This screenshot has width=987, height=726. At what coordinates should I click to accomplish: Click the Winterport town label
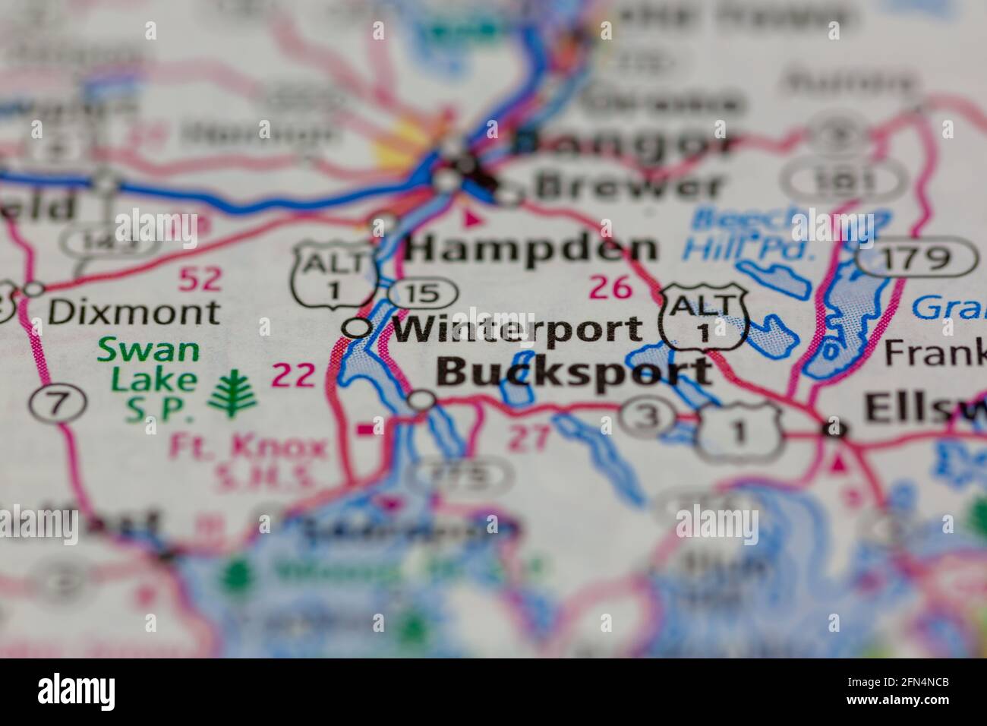pyautogui.click(x=517, y=329)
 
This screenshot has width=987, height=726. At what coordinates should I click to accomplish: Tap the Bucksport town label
pyautogui.click(x=575, y=372)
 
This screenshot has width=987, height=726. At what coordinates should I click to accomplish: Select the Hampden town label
pyautogui.click(x=530, y=248)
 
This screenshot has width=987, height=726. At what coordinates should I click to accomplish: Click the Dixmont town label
pyautogui.click(x=134, y=311)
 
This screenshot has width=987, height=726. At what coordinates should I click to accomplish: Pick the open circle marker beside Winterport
pyautogui.click(x=357, y=327)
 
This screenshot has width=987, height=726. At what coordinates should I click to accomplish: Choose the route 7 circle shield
pyautogui.click(x=58, y=403)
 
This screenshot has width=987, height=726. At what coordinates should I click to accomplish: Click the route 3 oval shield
pyautogui.click(x=646, y=416)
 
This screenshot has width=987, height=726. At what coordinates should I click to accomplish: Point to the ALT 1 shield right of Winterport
pyautogui.click(x=705, y=316)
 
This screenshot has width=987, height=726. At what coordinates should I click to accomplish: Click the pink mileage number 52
pyautogui.click(x=200, y=279)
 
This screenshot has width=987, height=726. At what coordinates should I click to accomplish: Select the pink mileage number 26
pyautogui.click(x=610, y=288)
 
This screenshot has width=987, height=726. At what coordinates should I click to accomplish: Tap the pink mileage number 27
pyautogui.click(x=528, y=439)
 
